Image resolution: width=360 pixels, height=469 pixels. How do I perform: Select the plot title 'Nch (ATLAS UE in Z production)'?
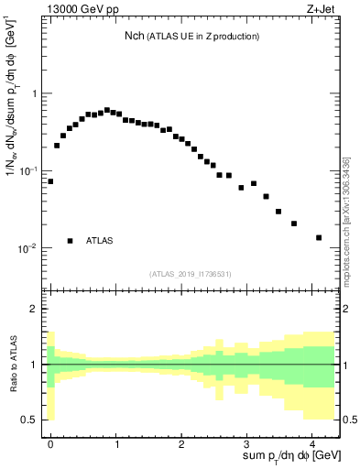tap(193, 37)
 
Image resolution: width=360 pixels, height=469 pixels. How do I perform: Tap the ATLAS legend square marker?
tap(70, 241)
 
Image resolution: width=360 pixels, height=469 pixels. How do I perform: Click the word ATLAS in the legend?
tap(100, 241)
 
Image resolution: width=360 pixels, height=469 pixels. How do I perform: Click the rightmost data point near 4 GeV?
tap(319, 237)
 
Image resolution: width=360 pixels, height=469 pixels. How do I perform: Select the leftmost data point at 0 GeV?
tap(50, 181)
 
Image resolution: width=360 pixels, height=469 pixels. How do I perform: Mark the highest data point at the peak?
tap(107, 110)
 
